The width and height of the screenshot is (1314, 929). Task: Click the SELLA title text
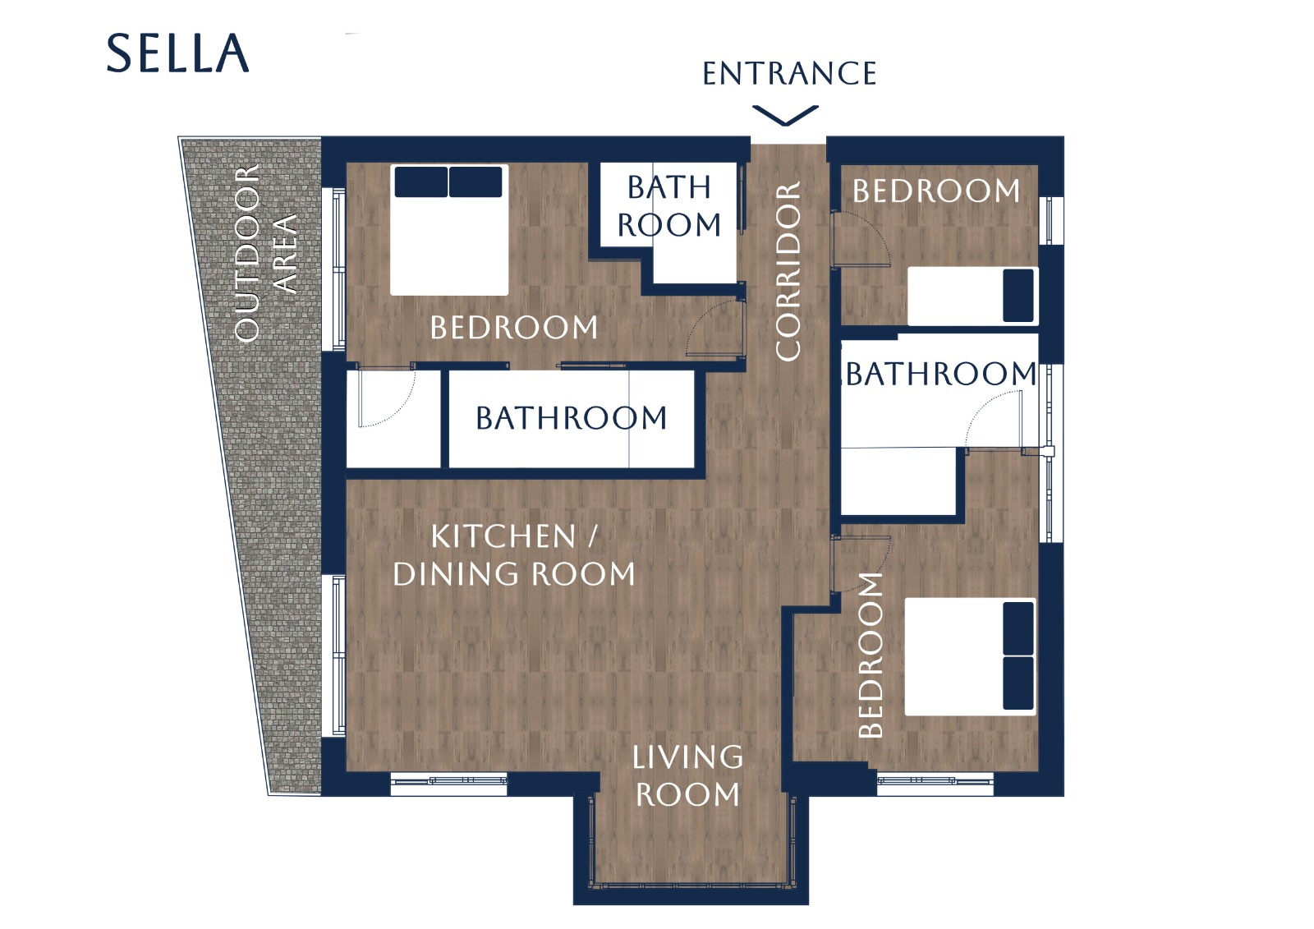tap(177, 53)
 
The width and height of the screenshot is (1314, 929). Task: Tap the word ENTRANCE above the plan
tap(789, 73)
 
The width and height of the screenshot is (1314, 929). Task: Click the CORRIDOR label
tap(788, 270)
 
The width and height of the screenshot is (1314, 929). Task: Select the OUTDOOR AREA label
tap(265, 253)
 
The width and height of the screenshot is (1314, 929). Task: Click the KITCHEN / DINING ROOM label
tap(514, 555)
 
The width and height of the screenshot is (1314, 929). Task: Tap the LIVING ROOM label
tap(687, 775)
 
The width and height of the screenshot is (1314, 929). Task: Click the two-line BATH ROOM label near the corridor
tap(668, 206)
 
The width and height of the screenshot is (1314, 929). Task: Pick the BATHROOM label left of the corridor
tap(572, 418)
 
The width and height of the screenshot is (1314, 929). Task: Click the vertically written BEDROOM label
tap(871, 655)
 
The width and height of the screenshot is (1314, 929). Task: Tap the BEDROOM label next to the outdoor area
tap(514, 328)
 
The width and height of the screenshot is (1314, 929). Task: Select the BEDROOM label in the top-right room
tap(936, 191)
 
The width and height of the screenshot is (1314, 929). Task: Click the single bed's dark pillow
tap(1018, 296)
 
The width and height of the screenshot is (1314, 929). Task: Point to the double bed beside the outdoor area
tap(449, 230)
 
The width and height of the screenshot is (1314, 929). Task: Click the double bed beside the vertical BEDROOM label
tap(970, 657)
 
